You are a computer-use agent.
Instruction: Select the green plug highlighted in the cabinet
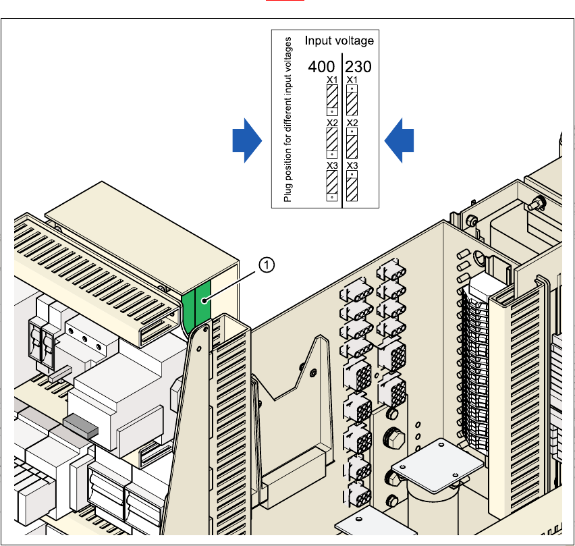point(196,307)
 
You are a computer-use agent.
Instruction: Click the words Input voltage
point(339,41)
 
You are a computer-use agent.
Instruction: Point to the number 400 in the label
point(322,67)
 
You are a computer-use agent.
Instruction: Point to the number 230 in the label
point(358,67)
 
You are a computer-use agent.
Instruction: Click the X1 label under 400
point(331,80)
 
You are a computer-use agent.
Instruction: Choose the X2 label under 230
point(352,123)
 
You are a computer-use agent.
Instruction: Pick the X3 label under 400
point(331,165)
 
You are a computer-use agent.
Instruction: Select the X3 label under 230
point(352,165)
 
